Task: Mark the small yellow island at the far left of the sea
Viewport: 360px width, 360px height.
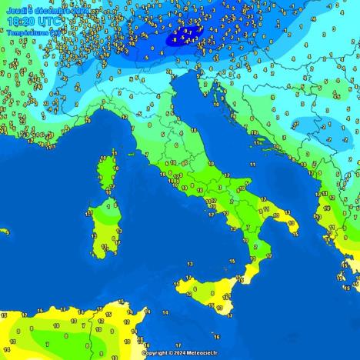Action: pos(4,231)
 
